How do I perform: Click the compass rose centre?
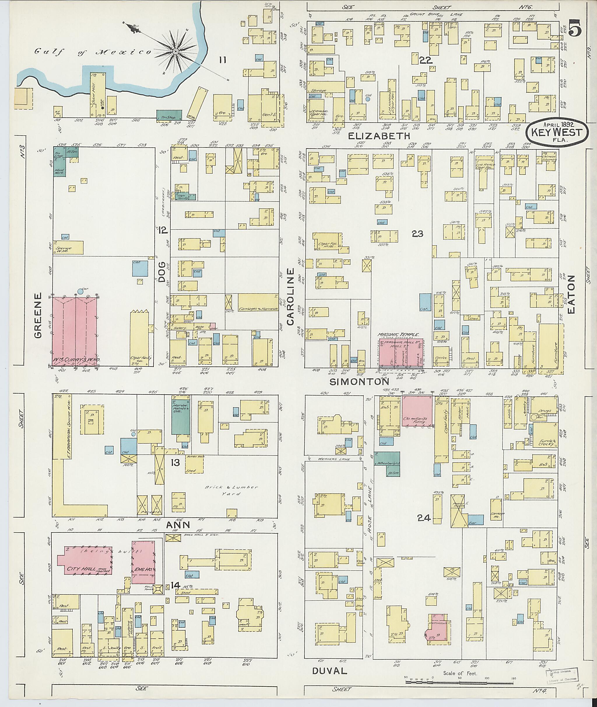[176, 51]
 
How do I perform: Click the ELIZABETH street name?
[379, 136]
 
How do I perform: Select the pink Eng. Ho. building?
[143, 561]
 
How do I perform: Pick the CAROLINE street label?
[291, 297]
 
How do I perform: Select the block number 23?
[418, 233]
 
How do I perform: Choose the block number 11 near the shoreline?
[222, 60]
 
